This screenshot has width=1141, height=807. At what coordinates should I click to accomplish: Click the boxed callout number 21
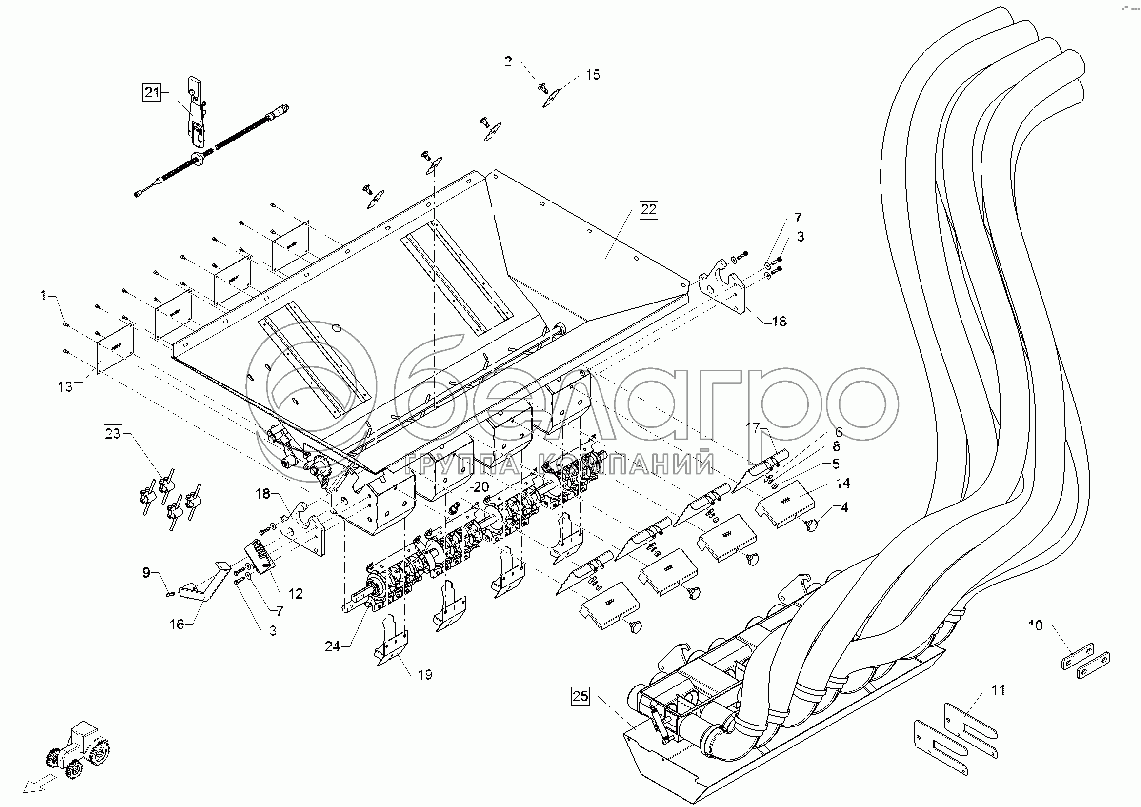pos(152,92)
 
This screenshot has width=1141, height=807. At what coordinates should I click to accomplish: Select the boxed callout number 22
pos(648,210)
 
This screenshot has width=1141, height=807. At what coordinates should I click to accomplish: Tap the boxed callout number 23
pos(113,434)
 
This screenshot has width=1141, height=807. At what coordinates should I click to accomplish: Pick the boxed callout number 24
pos(333,646)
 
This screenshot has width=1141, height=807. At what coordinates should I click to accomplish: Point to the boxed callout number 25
pos(580,696)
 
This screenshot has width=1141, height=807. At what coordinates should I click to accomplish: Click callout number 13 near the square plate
pos(65,386)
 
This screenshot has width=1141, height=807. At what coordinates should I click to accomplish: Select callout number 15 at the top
pos(592,75)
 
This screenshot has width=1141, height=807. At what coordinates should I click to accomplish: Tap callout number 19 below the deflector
pos(425,674)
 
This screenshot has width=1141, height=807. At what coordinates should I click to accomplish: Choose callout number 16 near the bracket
pos(177,624)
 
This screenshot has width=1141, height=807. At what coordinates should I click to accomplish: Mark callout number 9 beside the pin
pos(146,573)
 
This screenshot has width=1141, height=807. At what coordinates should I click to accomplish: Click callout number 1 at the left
pos(44,296)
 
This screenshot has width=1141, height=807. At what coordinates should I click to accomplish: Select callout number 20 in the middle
pos(481,486)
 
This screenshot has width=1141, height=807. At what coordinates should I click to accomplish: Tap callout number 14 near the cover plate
pos(843,483)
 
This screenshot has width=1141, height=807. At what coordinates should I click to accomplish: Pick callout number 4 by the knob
pos(844,507)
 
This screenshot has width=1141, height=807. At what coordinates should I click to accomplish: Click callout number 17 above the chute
pos(753,427)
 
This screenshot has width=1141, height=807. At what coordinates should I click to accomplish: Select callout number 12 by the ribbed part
pos(296,594)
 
